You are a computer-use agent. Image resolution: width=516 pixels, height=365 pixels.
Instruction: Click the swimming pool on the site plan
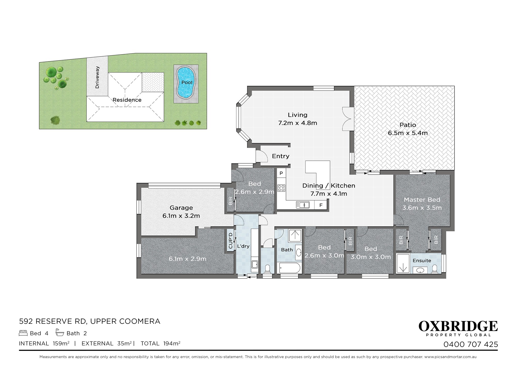[x=186, y=83]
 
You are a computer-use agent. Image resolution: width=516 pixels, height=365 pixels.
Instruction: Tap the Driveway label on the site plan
[x=97, y=77]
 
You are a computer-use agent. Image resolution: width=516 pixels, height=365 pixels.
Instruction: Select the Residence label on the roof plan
[x=127, y=100]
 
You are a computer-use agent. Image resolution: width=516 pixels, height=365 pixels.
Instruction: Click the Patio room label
[x=408, y=125]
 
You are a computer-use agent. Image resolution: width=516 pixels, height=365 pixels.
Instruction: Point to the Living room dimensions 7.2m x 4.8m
[x=297, y=123]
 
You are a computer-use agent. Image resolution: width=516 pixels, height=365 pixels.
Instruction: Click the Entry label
[x=280, y=156]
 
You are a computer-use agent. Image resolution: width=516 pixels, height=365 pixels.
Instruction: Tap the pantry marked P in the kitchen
[x=281, y=173]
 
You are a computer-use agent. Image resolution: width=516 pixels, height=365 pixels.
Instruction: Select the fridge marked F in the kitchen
[x=321, y=205]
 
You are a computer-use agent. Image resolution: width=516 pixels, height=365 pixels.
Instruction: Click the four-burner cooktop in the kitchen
[x=281, y=188]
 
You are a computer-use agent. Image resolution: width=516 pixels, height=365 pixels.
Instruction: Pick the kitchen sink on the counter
[x=303, y=205]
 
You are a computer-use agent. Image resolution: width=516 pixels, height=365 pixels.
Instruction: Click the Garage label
[x=181, y=208]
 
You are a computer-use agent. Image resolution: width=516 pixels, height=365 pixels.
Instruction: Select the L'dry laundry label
[x=243, y=246]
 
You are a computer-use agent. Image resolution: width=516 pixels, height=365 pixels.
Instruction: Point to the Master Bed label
[x=422, y=200]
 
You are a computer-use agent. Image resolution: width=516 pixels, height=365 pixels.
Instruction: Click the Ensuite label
[x=422, y=261]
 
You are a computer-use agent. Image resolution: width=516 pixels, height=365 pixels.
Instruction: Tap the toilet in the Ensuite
[x=434, y=269]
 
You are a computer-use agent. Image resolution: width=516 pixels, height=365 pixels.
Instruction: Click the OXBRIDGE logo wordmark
[x=458, y=326]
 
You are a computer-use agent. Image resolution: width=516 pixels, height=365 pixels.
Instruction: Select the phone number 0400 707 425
[x=471, y=344]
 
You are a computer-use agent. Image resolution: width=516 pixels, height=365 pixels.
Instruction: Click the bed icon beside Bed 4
[x=23, y=333]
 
